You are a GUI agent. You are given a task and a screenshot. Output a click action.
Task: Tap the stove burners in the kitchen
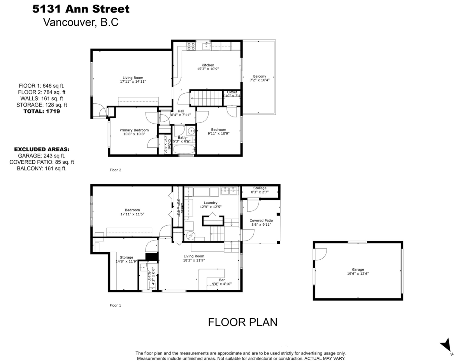click(191, 46)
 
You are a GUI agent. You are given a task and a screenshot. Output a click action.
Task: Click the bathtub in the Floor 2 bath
click(184, 149)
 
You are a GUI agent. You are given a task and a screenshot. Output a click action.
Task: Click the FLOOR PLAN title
click(242, 322)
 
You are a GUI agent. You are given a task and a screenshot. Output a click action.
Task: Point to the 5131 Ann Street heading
click(81, 9)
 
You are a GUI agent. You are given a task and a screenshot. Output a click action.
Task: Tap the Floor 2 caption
click(116, 170)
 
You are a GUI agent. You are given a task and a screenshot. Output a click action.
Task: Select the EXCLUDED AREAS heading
click(42, 149)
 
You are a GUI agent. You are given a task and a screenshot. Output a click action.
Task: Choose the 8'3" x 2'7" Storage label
click(260, 190)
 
